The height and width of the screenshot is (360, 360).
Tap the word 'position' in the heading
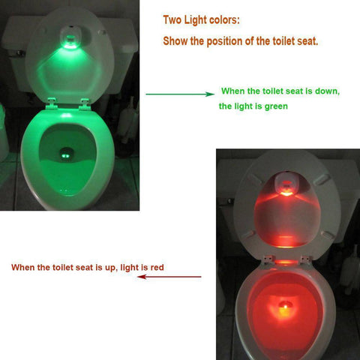[229, 40]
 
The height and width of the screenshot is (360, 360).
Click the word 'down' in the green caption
[324, 91]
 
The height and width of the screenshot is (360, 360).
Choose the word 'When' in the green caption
[233, 91]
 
